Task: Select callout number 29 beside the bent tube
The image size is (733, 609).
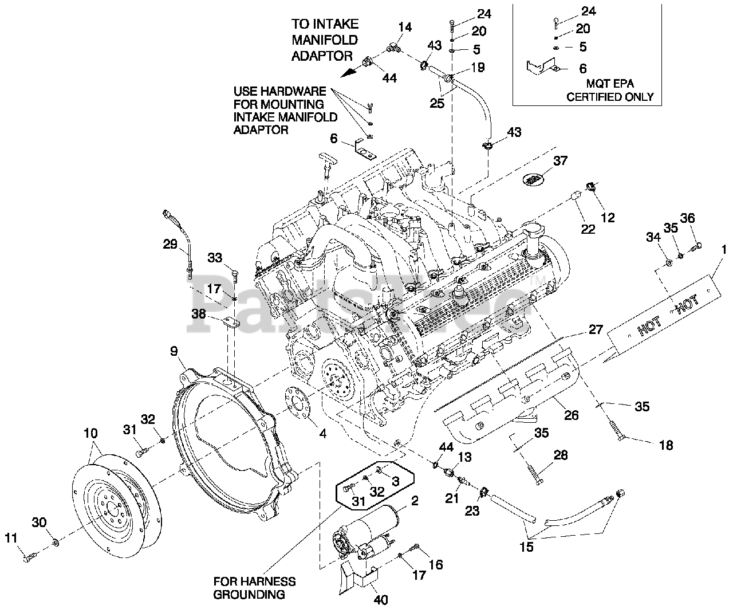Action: (170, 245)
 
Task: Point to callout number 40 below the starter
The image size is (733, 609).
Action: (380, 600)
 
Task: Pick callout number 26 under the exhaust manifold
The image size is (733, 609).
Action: (571, 415)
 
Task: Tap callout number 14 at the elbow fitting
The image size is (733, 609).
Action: (405, 26)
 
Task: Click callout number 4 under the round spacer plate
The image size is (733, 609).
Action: (323, 434)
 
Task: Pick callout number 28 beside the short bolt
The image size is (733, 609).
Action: (561, 455)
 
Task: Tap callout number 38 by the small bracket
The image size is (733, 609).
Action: (199, 313)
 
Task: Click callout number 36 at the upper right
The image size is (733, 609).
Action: (687, 218)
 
